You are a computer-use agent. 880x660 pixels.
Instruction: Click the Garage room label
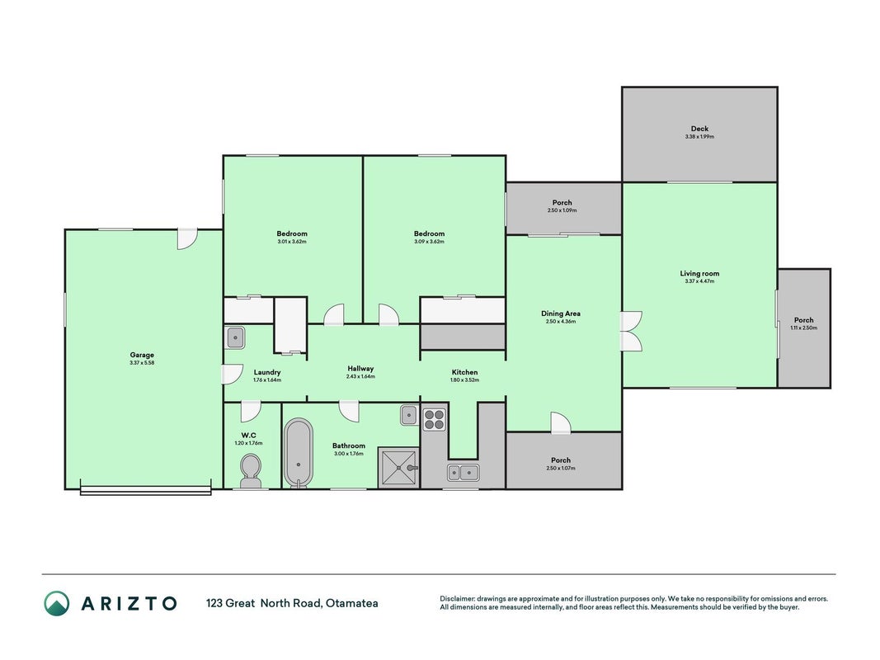click(x=142, y=355)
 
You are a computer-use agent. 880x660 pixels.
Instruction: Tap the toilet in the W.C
click(x=250, y=471)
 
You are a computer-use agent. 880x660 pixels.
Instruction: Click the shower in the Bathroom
click(x=398, y=468)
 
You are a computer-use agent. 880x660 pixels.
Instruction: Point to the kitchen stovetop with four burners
click(x=434, y=418)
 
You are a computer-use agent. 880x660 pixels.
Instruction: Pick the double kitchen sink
click(x=463, y=473)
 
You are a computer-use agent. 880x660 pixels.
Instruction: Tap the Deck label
click(x=699, y=129)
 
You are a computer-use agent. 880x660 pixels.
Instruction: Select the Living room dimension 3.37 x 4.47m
click(x=699, y=281)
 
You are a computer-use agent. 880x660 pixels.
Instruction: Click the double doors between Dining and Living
click(x=631, y=332)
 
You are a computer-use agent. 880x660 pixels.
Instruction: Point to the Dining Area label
click(x=561, y=313)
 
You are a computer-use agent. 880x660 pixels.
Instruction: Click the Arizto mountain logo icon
click(x=57, y=603)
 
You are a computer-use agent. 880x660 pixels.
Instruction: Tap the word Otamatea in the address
click(x=352, y=603)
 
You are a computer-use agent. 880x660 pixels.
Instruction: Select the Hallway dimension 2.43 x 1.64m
click(x=360, y=376)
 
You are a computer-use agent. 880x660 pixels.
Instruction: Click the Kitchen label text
click(x=464, y=372)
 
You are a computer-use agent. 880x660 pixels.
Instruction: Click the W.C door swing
click(x=250, y=412)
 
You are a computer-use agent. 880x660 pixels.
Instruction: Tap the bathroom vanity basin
click(x=410, y=415)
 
